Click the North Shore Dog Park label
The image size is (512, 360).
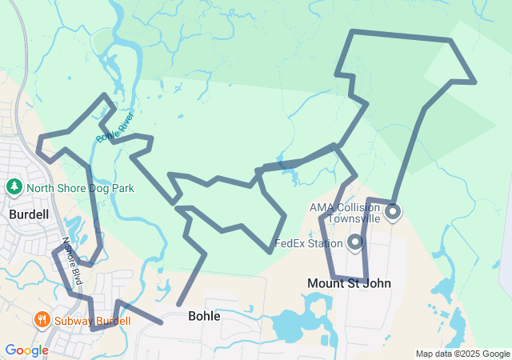coord(79,188)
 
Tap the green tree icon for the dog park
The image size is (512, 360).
coord(14,187)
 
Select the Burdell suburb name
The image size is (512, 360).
coord(29,214)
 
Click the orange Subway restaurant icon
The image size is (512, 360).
coord(42,321)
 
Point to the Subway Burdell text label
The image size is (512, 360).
coord(93,321)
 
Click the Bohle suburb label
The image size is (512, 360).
coord(203,316)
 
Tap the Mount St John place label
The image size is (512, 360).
coord(349,283)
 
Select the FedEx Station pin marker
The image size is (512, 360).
coord(355,241)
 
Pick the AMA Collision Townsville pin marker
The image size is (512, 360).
coord(393,212)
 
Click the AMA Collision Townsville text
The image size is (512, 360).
coord(346,213)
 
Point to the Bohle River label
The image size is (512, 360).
coord(115,126)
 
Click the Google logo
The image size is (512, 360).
coord(26,350)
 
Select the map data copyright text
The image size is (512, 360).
coord(462,354)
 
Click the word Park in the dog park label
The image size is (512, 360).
coord(122,188)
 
